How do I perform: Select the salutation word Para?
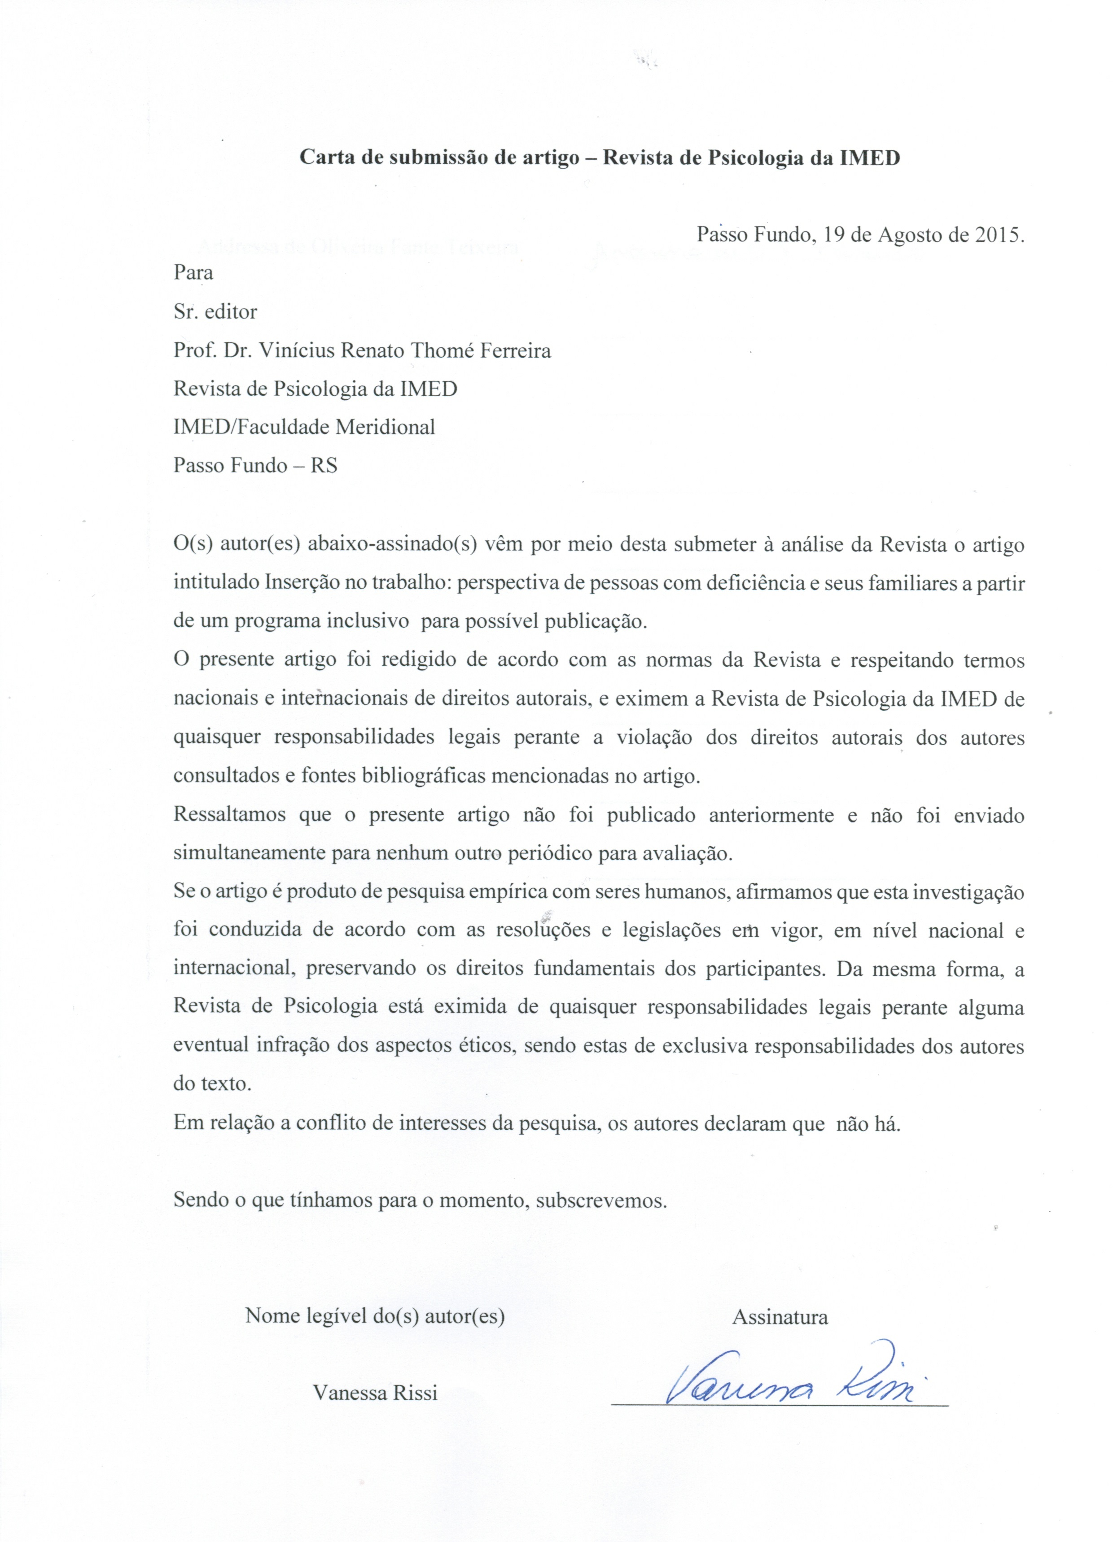click(193, 273)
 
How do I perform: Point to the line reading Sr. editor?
click(215, 312)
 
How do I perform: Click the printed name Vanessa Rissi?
click(375, 1393)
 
